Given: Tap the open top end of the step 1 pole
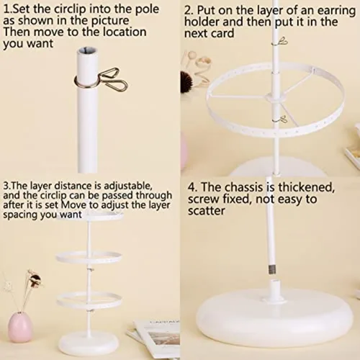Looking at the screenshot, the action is point(87,50).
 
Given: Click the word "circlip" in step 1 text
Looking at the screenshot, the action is point(70,9).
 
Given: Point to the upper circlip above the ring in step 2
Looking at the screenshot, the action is point(280,42).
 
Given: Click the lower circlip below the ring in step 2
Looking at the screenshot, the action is point(281,120).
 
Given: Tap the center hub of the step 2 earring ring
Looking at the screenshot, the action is point(275,96).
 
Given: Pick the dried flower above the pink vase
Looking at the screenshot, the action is point(35,279).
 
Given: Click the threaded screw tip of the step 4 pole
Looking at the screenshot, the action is point(272,269).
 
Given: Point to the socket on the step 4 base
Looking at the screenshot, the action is point(275,289).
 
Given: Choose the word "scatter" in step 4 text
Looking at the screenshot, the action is point(207,211).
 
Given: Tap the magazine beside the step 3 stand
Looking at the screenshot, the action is point(153,337).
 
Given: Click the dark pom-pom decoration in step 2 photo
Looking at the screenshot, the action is point(186,81).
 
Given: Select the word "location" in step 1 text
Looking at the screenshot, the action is point(125,32).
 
